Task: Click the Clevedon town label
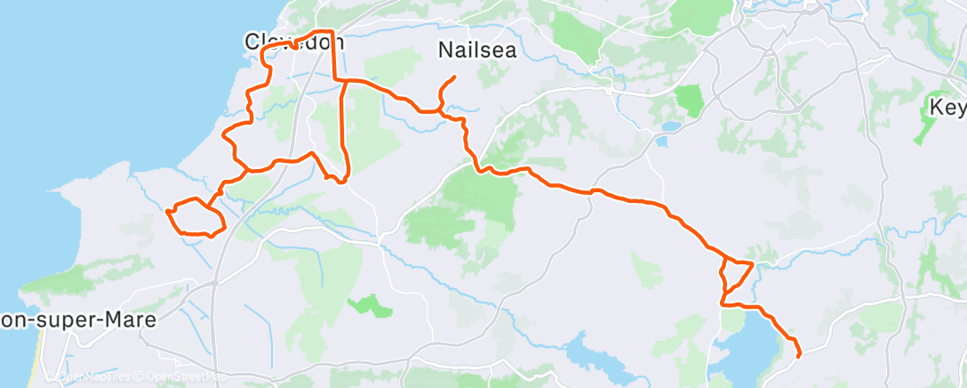[294, 41]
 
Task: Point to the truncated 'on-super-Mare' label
[78, 319]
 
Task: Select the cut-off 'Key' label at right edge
[947, 107]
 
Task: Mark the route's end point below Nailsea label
[454, 77]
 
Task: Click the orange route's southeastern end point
[799, 356]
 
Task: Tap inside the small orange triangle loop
[735, 271]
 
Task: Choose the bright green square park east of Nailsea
[689, 99]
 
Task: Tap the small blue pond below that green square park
[663, 141]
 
